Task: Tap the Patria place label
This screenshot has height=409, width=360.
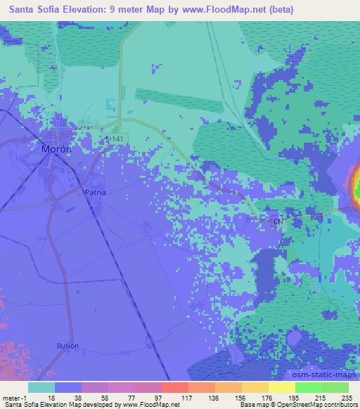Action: coord(95,192)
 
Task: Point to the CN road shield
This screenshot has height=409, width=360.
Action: coord(278,221)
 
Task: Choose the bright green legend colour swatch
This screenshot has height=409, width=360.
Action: coord(308,387)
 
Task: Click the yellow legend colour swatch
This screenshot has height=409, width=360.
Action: coord(281,387)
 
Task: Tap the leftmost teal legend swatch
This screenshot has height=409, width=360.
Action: coord(41,387)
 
